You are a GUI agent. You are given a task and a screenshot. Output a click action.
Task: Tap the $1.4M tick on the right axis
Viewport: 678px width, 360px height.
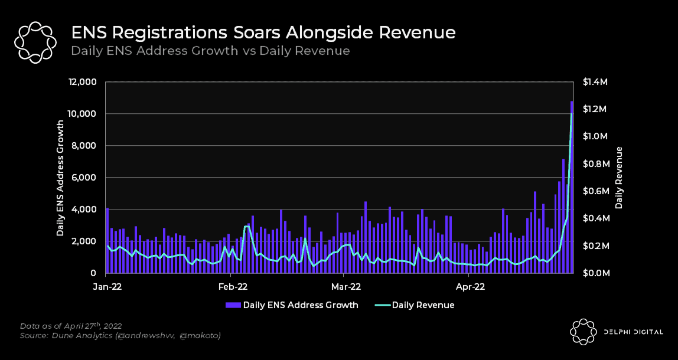click(594, 81)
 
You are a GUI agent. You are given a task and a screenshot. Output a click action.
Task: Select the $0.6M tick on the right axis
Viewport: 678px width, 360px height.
click(594, 191)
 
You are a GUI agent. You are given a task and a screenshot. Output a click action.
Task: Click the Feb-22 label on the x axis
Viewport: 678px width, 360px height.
click(233, 287)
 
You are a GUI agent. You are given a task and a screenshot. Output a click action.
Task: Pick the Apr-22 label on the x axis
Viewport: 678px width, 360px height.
click(471, 287)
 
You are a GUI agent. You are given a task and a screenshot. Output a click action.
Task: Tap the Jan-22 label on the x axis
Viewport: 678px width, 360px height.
click(107, 287)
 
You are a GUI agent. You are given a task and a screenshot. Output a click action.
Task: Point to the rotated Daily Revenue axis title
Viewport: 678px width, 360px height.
click(620, 177)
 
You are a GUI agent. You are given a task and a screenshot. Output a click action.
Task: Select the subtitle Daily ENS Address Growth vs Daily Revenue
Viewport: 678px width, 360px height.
click(210, 51)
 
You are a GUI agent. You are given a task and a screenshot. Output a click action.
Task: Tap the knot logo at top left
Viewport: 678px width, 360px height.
click(35, 42)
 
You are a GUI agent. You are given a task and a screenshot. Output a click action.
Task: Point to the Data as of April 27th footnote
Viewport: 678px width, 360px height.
click(71, 325)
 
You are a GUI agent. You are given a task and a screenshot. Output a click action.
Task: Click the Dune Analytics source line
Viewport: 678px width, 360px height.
click(120, 335)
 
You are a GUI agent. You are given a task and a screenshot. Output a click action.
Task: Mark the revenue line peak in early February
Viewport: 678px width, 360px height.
click(247, 226)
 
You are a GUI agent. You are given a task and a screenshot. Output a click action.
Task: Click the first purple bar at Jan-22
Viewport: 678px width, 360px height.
click(107, 240)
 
